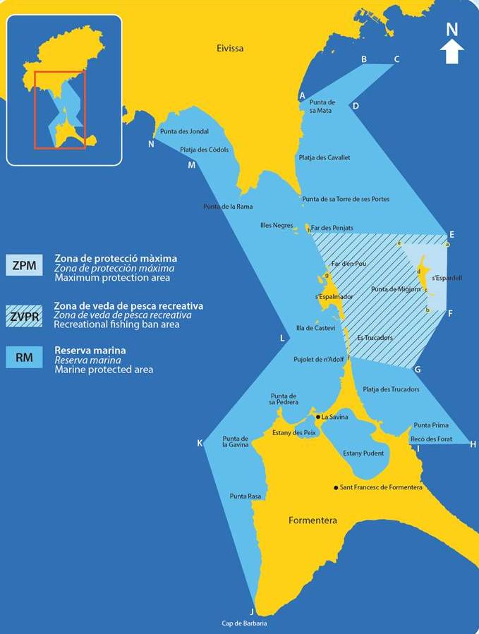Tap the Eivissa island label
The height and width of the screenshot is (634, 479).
[230, 48]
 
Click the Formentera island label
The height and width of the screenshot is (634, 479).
[313, 520]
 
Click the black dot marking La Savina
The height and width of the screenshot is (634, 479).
[318, 417]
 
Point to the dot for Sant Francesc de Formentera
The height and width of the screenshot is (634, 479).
[336, 487]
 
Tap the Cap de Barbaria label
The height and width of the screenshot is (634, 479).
[244, 623]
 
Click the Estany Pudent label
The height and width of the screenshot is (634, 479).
[363, 453]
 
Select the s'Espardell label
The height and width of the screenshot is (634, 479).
[447, 278]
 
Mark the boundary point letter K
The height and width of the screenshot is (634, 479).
[200, 443]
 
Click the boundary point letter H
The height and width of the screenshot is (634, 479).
[473, 444]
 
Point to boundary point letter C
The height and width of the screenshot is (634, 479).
[396, 59]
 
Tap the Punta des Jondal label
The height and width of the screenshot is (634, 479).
[184, 131]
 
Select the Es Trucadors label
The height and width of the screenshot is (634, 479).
[375, 337]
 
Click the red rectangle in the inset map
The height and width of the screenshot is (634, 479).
[60, 109]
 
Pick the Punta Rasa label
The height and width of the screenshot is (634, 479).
[245, 496]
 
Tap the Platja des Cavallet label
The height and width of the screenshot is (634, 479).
[325, 157]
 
